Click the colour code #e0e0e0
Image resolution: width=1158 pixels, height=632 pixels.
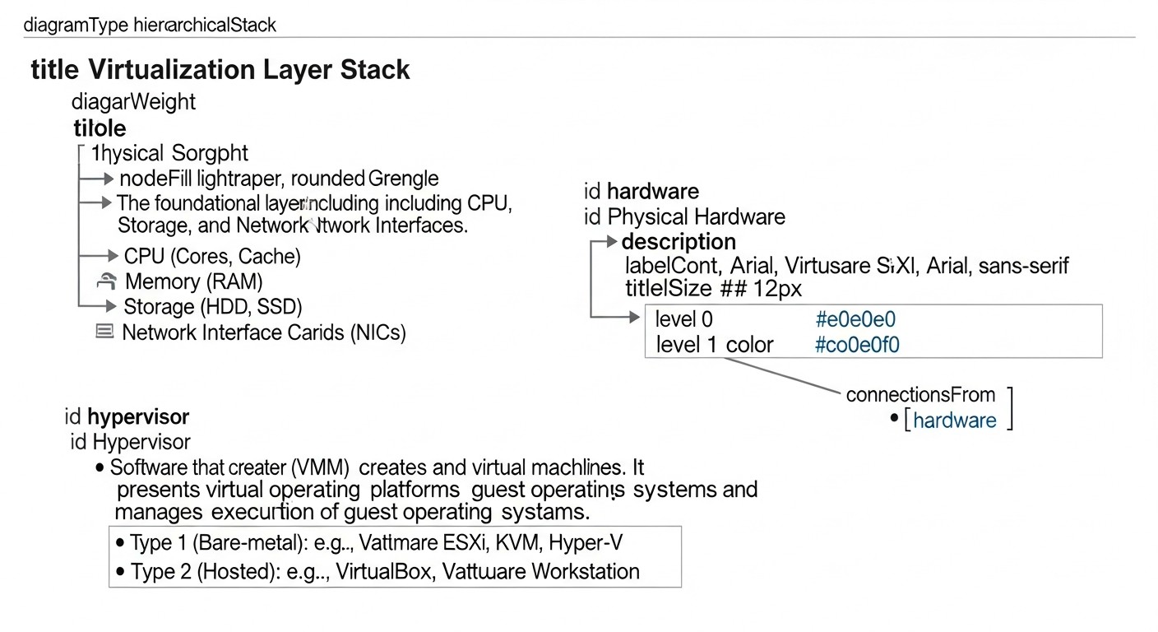(855, 319)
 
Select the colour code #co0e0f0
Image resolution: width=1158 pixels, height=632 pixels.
(857, 345)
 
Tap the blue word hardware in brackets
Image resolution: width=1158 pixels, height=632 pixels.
(954, 421)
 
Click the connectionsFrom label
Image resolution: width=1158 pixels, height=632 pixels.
(920, 394)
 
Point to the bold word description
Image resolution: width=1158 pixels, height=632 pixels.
(679, 242)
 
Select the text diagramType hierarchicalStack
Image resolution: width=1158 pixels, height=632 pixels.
(150, 25)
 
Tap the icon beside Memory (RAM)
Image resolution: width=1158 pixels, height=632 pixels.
(106, 282)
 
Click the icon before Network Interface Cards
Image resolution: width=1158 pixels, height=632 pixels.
(104, 332)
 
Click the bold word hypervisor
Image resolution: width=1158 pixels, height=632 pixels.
(138, 416)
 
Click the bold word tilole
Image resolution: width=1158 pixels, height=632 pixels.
(100, 128)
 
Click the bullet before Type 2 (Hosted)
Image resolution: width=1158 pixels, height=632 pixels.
(121, 571)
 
